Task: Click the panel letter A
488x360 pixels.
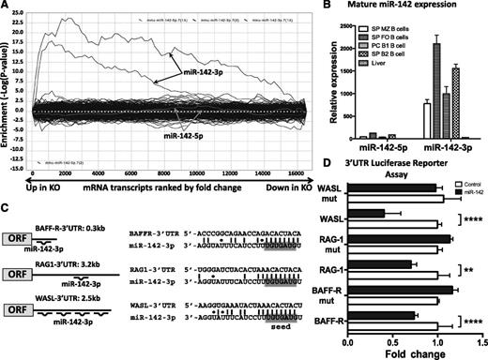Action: (x=8, y=7)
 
